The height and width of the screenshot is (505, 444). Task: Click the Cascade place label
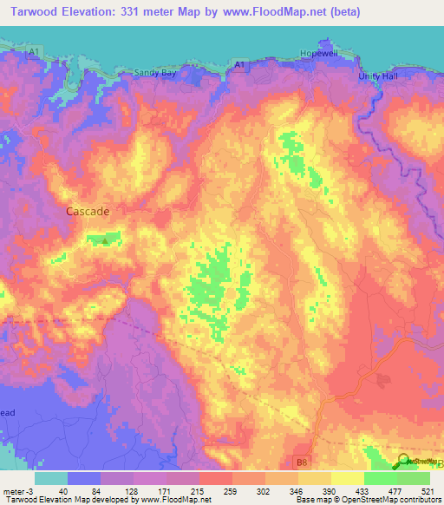[x=88, y=210]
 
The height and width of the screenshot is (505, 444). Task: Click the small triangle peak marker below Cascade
[x=106, y=241]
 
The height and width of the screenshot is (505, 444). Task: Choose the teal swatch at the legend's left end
[x=51, y=477]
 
